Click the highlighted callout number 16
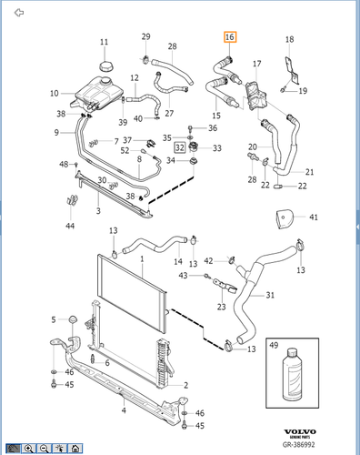pos(229,38)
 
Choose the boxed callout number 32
pos(180,147)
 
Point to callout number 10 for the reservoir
pos(54,94)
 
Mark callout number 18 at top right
pos(290,40)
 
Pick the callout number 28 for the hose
pos(172,45)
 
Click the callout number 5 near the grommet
pos(55,319)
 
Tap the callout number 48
pos(64,165)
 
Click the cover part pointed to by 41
pos(285,217)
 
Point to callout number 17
pos(256,64)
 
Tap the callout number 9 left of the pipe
pos(55,133)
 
